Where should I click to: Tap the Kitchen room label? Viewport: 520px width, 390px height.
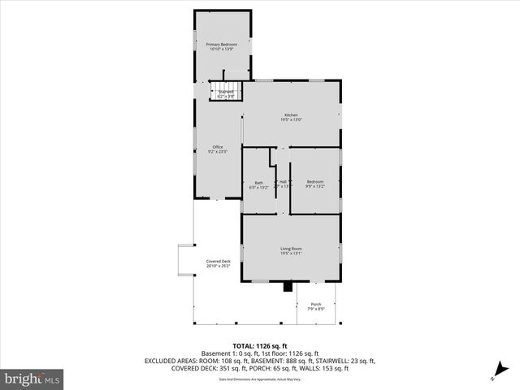point(291,115)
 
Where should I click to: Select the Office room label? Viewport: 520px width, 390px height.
point(218,146)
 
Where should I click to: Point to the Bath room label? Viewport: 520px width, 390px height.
point(258,182)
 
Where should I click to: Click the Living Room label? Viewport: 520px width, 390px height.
point(291,248)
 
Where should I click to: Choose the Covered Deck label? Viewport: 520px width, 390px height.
point(218,261)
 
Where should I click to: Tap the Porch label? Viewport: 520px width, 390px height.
point(316,304)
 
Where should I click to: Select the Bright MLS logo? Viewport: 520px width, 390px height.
point(32,379)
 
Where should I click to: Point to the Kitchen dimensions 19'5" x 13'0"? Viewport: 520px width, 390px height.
point(291,120)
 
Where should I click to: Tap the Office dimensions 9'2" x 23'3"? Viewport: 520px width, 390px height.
point(218,152)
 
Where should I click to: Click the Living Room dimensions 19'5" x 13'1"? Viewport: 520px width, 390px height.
point(291,253)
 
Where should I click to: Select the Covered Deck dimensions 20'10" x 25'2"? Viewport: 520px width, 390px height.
point(218,266)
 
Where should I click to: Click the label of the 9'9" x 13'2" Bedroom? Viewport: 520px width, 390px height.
point(314,181)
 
